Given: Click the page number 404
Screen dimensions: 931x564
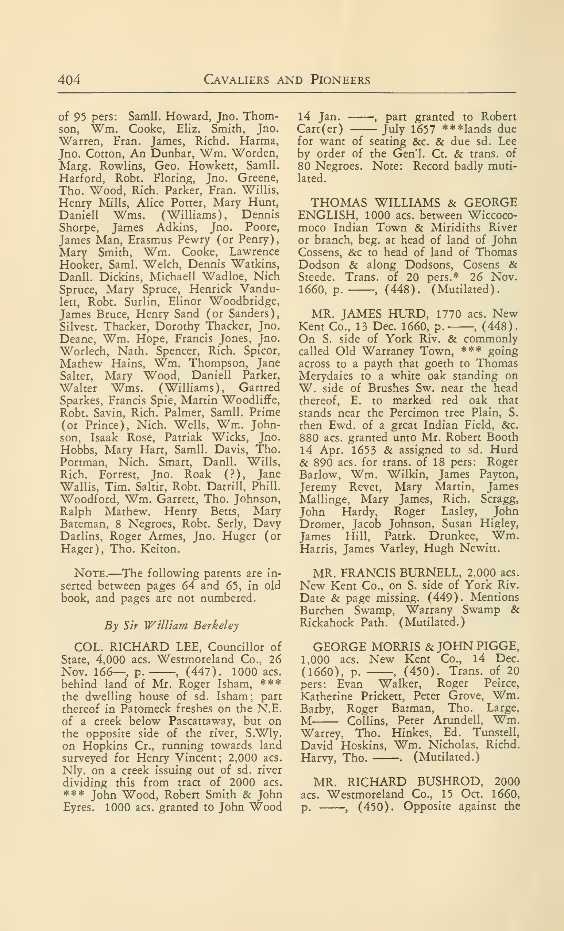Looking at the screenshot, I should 69,80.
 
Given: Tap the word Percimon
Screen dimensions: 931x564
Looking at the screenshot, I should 413,413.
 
